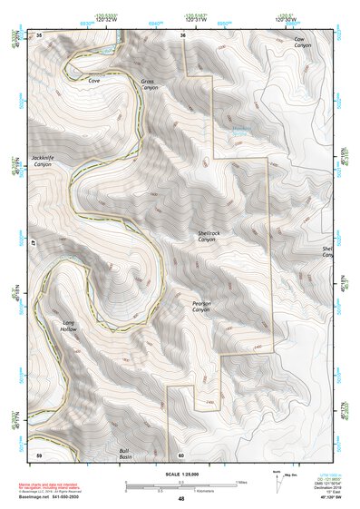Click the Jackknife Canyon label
43,162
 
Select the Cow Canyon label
299,44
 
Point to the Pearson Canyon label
200,307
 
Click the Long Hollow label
69,327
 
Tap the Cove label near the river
93,81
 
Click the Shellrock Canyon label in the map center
207,236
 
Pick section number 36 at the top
182,35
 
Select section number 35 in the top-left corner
40,34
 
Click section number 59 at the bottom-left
39,454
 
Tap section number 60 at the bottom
181,455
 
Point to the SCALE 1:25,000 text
180,475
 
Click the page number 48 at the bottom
181,499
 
